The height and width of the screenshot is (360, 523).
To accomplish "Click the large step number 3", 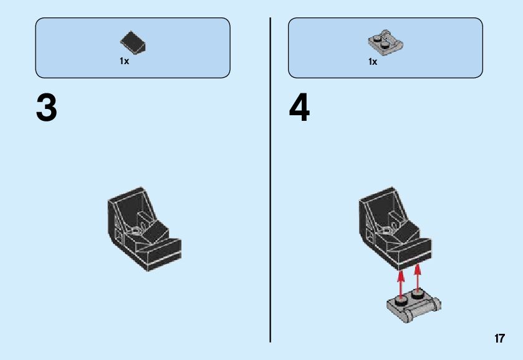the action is pyautogui.click(x=47, y=109).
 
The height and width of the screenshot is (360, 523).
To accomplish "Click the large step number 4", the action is pyautogui.click(x=299, y=109).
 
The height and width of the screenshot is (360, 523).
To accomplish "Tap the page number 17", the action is pyautogui.click(x=499, y=339).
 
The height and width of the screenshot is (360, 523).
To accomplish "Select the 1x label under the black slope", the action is pyautogui.click(x=125, y=62).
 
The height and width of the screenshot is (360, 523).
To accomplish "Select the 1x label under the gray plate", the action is pyautogui.click(x=373, y=62).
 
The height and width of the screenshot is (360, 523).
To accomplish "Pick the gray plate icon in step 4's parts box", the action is pyautogui.click(x=385, y=43).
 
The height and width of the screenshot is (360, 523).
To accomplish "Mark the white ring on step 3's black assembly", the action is pyautogui.click(x=135, y=230).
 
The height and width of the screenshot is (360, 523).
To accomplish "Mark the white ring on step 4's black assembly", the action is pyautogui.click(x=387, y=230).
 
